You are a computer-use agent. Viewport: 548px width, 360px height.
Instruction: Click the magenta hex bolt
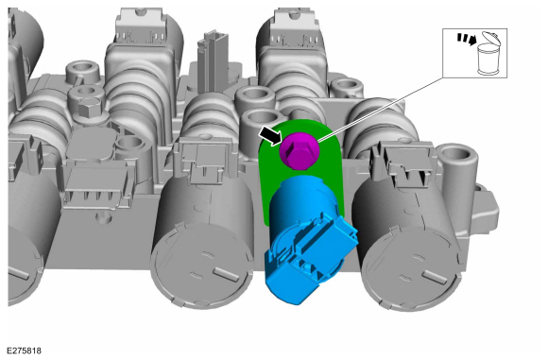tap(300, 150)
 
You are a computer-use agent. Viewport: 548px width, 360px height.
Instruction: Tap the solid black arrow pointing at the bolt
tap(270, 135)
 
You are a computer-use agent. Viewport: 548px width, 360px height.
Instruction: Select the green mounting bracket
tap(302, 168)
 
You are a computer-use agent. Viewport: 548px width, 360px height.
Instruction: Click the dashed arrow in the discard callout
tap(466, 39)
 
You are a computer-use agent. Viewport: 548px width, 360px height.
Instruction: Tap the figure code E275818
tap(24, 351)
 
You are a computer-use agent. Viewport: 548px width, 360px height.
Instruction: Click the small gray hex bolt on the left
tap(90, 108)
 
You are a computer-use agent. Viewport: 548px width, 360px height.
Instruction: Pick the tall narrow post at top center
tap(213, 61)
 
